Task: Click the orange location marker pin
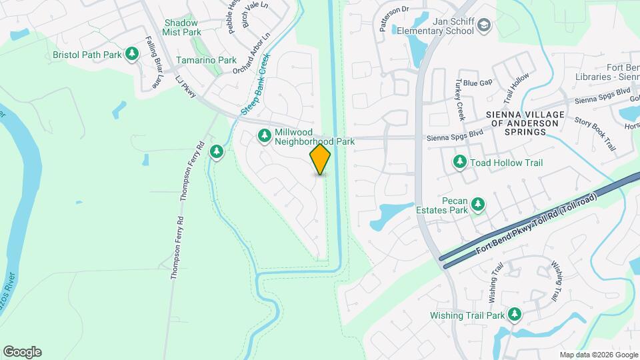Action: (321, 159)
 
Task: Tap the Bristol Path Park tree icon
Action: (132, 53)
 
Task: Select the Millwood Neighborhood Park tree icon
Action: (265, 136)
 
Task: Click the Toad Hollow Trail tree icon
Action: (459, 162)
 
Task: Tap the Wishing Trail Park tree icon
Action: (514, 314)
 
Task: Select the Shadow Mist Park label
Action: (182, 27)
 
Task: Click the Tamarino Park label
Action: (206, 60)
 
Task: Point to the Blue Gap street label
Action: (477, 83)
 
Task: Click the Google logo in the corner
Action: (22, 351)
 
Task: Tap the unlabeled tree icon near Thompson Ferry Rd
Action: (217, 152)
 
